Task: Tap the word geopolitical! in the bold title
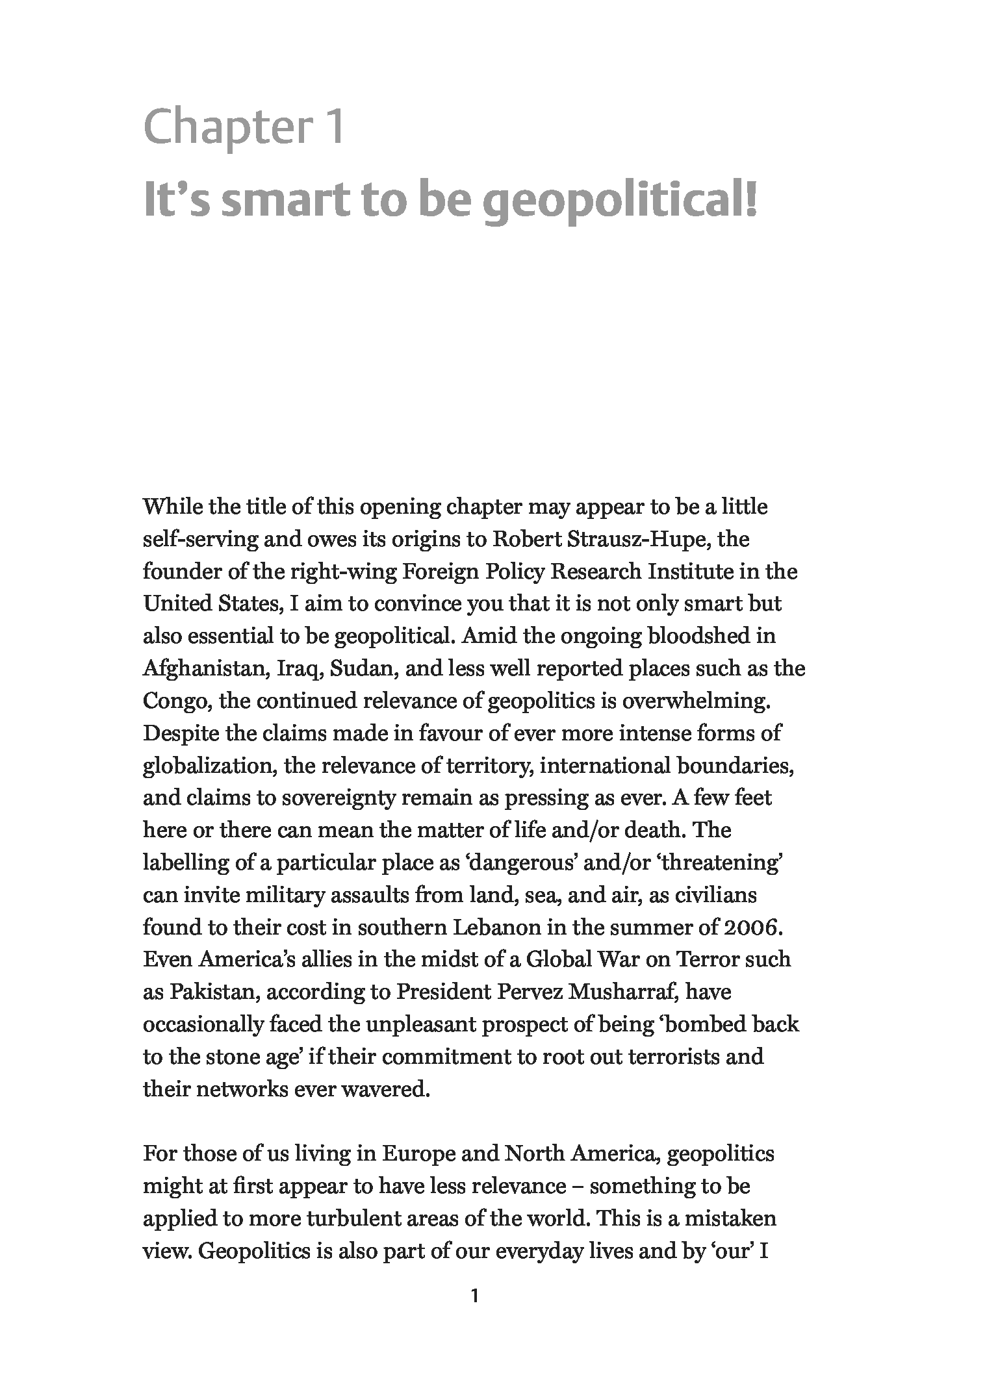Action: (622, 201)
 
